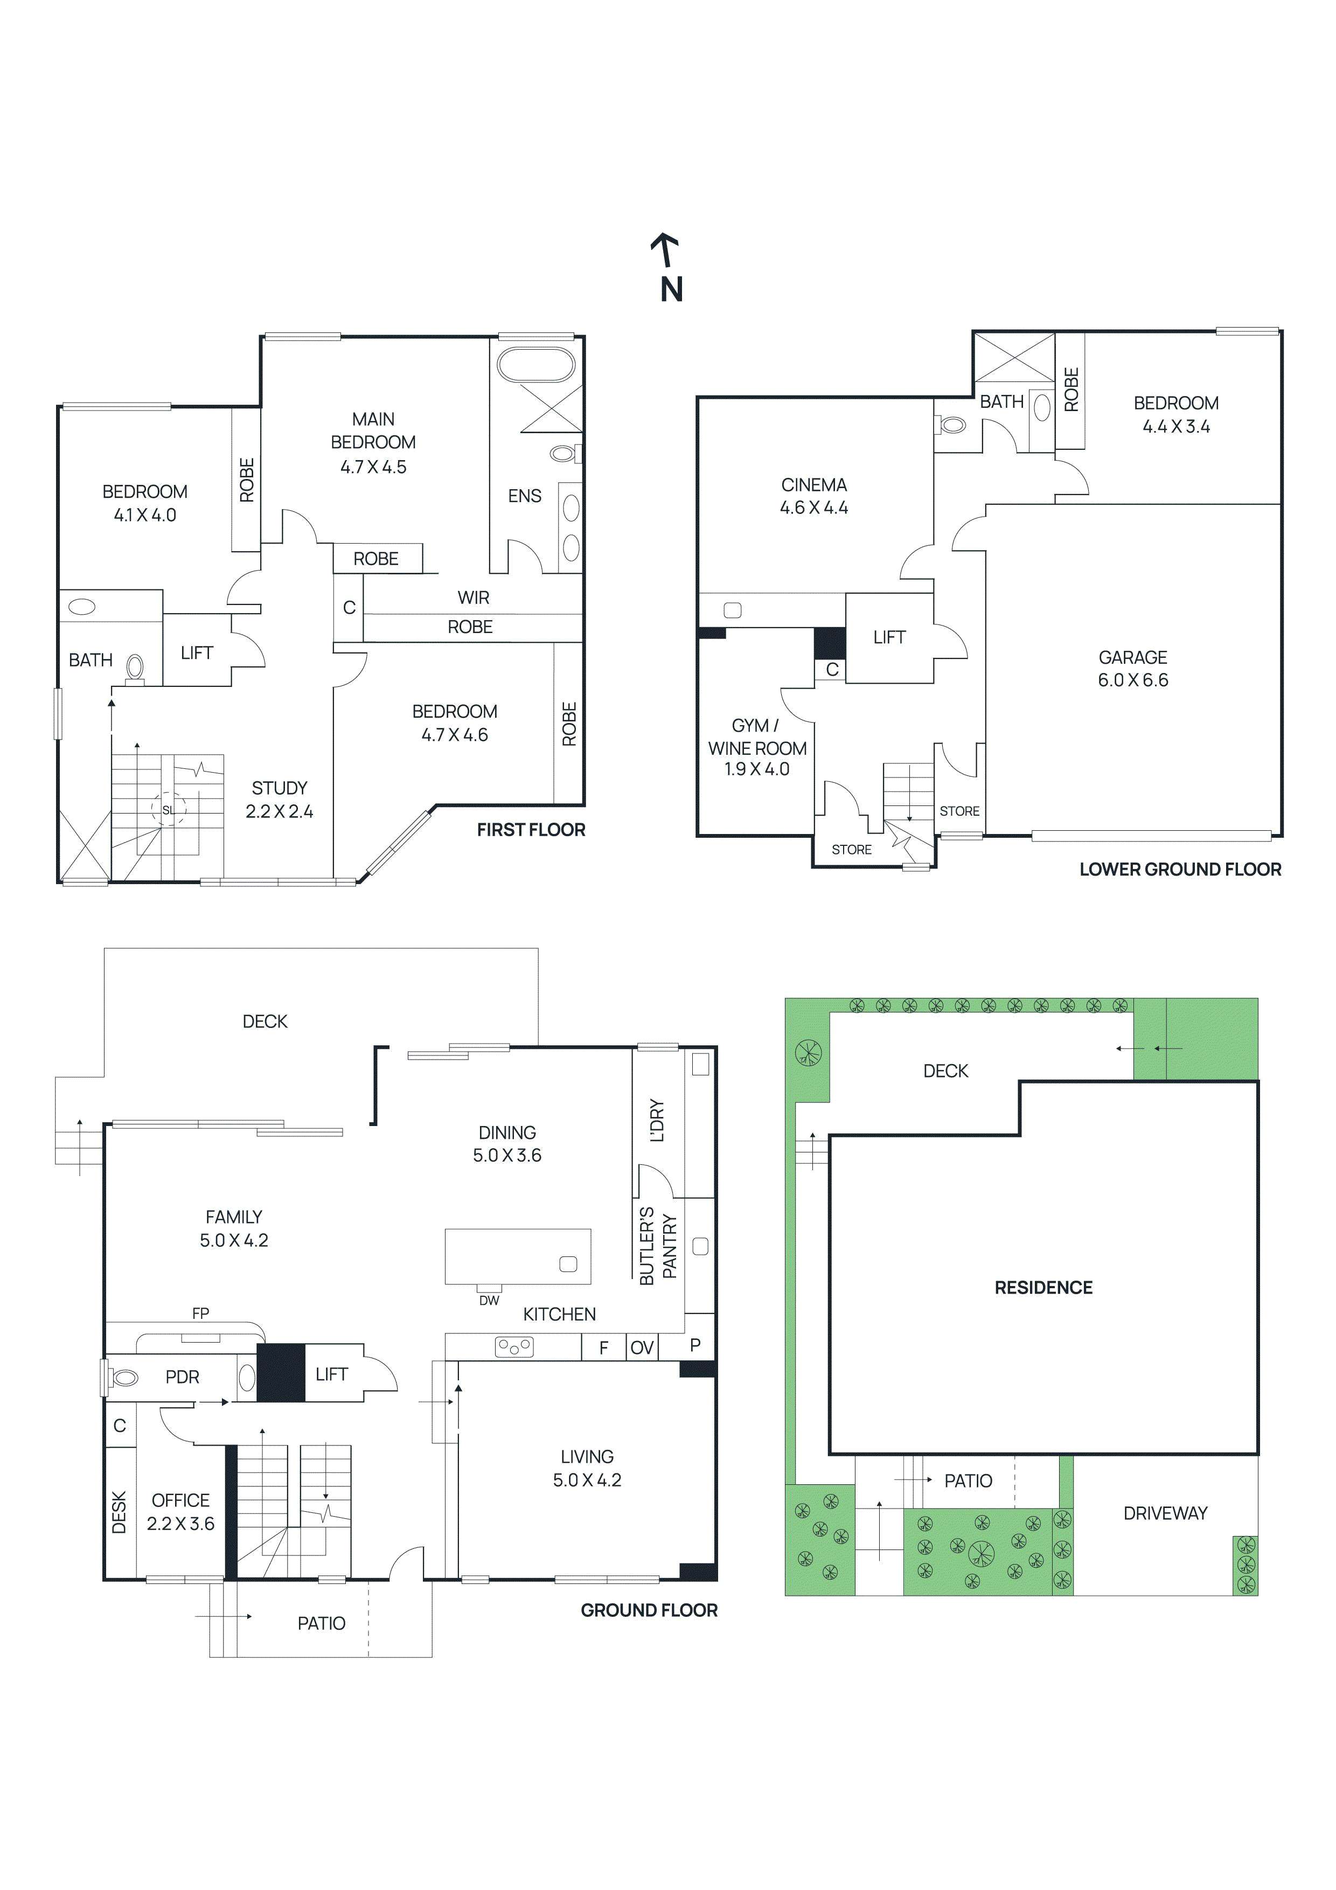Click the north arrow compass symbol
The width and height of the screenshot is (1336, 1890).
669,268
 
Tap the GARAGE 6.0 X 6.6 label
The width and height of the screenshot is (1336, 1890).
1133,669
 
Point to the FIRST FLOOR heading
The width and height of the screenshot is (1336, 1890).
531,830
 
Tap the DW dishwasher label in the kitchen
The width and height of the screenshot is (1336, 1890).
489,1301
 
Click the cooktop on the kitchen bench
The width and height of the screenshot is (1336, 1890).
513,1347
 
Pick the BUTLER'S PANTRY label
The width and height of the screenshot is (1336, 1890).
658,1246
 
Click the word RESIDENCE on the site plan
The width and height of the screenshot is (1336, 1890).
1043,1288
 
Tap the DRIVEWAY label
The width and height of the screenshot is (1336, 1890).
1165,1513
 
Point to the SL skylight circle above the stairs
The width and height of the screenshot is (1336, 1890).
169,810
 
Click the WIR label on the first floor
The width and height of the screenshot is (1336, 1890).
474,597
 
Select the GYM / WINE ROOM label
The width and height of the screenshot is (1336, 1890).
756,747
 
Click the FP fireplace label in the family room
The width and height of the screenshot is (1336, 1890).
200,1313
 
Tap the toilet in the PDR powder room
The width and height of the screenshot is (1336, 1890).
124,1377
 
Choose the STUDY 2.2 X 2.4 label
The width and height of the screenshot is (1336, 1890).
279,800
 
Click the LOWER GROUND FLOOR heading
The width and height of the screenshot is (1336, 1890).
1180,869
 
